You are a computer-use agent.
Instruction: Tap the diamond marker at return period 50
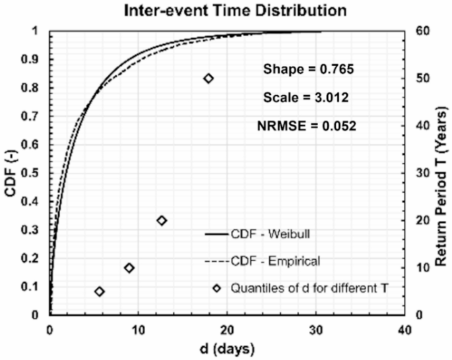click(209, 78)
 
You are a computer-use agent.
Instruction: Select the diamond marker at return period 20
click(162, 220)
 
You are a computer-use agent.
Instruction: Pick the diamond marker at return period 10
click(129, 268)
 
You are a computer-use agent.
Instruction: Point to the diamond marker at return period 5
click(100, 291)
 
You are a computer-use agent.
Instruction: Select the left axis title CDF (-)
click(11, 173)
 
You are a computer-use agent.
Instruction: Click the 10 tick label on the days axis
click(139, 329)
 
